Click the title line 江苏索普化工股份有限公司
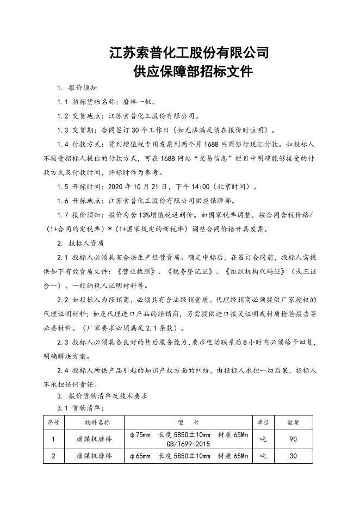[x=189, y=53]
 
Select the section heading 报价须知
[x=83, y=88]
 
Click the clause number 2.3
[x=63, y=343]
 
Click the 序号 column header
[x=53, y=422]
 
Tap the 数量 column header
[x=293, y=422]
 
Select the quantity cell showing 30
[x=293, y=456]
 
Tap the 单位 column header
[x=263, y=422]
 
